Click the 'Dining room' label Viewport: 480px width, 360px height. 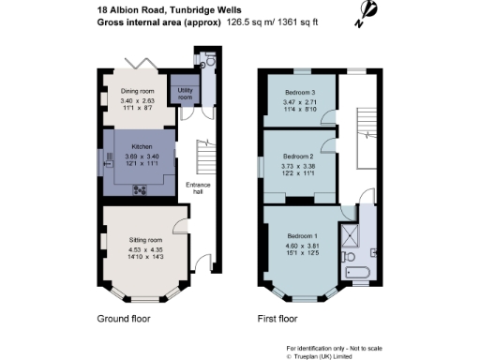coord(136,91)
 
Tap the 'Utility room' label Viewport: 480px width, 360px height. coord(185,94)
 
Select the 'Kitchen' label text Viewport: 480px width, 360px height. coord(142,147)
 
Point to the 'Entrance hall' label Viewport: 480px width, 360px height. coord(197,188)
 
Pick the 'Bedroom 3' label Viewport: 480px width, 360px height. coord(300,92)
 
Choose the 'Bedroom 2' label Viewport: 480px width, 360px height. coord(297,156)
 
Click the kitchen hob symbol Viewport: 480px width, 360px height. coord(141,190)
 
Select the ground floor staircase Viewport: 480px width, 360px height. coord(201,155)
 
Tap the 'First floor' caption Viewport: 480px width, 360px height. coord(278,319)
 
